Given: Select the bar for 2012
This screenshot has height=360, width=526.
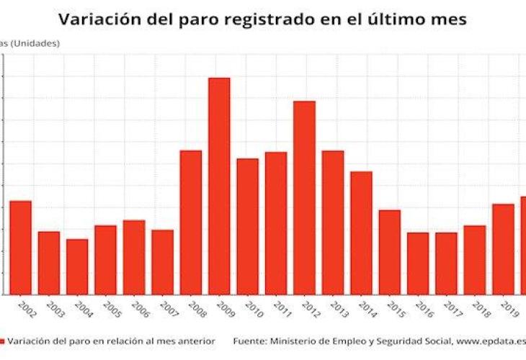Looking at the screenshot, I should coord(304,197).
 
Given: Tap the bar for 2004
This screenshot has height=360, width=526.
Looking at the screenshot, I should coord(77,266).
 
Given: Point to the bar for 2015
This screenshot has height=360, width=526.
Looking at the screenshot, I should coord(389,252).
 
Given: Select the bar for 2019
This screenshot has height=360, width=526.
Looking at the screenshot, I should coord(503,249).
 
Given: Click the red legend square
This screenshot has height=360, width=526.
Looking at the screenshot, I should coord(2,341).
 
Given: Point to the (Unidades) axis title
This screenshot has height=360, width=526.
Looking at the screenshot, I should coord(36,43).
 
